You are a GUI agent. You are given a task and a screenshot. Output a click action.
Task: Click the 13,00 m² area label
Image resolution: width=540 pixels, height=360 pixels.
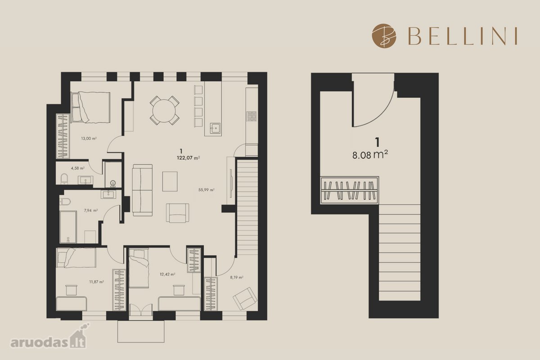click(x=89, y=139)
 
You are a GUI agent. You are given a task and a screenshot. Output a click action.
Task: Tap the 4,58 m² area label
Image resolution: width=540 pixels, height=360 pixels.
click(x=77, y=168)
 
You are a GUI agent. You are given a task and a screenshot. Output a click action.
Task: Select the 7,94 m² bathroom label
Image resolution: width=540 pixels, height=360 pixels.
click(x=90, y=210)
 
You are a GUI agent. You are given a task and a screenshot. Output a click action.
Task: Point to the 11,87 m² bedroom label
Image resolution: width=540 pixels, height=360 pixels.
click(x=96, y=282)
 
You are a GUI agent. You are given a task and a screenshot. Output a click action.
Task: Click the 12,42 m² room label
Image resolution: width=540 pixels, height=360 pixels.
click(x=167, y=274)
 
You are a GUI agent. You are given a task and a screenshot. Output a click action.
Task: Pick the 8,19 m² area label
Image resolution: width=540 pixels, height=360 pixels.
click(x=237, y=277)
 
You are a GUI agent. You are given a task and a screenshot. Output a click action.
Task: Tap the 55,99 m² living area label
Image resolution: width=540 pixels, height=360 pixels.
click(x=207, y=190)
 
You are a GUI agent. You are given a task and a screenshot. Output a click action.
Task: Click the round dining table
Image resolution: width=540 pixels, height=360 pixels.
click(x=164, y=111)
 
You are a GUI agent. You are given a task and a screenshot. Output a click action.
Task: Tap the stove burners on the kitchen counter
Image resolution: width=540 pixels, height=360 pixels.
click(x=252, y=116)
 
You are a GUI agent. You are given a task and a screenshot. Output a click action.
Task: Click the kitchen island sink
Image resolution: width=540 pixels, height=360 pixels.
click(x=215, y=128)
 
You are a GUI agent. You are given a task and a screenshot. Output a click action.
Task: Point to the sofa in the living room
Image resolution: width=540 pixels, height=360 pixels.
click(x=142, y=190)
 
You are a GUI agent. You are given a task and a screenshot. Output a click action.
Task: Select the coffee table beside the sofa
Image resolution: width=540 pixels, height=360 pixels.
click(x=170, y=181)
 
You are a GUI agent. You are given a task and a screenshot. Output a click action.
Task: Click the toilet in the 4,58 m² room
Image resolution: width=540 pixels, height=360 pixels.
click(x=64, y=179)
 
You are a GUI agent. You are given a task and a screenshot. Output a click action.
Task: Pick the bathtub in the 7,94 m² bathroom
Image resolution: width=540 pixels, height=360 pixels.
click(x=68, y=227)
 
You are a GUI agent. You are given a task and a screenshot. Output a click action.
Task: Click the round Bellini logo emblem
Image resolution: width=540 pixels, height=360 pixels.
click(x=384, y=36)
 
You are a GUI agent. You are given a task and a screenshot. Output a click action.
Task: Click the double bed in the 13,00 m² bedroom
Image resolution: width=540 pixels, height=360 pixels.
click(x=90, y=107)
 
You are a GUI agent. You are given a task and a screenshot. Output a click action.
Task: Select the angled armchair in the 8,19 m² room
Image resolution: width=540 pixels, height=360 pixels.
click(x=245, y=298)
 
